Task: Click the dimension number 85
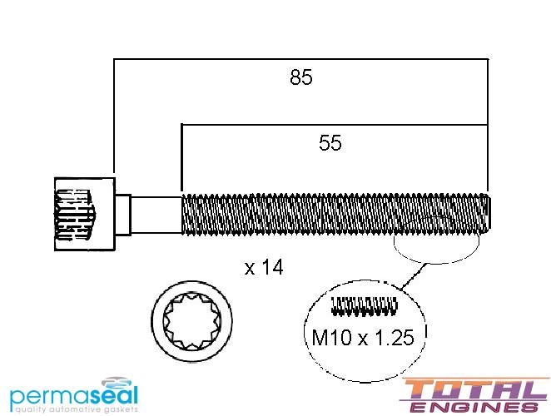300,77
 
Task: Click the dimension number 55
330,143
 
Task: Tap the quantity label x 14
264,267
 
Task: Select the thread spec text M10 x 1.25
363,337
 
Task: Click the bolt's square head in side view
85,214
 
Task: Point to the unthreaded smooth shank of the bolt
156,215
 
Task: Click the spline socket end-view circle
192,320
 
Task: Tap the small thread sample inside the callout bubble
365,306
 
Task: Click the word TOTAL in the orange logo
474,389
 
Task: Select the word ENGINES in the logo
474,407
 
